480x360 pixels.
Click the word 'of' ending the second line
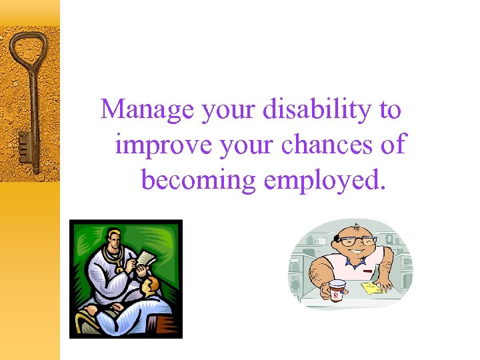tap(391, 145)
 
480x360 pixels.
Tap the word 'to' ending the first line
tap(390, 110)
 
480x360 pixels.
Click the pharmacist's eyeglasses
tap(358, 241)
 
